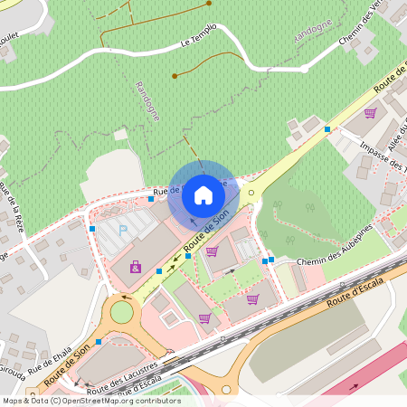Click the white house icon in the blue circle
(203, 194)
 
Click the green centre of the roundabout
(121, 312)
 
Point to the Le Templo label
(198, 36)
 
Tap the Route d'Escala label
(356, 294)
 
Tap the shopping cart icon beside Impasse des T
(370, 114)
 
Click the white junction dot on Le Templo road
(305, 68)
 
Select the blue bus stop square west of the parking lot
(92, 230)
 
